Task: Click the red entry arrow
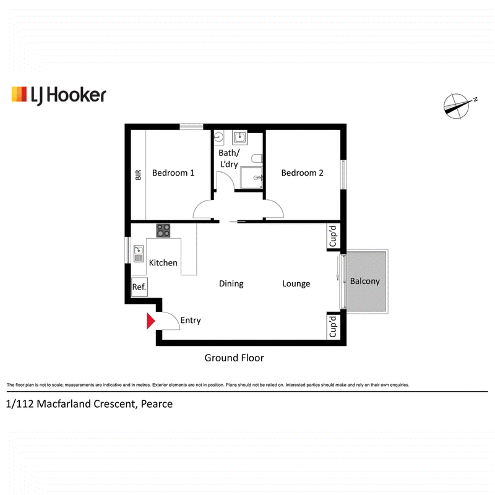tap(150, 321)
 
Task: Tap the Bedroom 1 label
tap(173, 173)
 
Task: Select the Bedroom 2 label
tap(302, 173)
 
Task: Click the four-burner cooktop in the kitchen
tap(163, 230)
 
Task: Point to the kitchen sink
tap(139, 254)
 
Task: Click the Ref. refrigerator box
tap(139, 286)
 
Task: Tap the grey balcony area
tap(366, 282)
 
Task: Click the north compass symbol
tap(458, 106)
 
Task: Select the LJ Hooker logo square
tap(19, 94)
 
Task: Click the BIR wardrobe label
tap(138, 175)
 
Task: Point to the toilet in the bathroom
tap(257, 158)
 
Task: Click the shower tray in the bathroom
tap(251, 178)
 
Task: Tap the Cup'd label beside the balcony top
tap(333, 236)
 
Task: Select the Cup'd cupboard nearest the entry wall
tap(333, 327)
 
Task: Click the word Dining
tap(231, 283)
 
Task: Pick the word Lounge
tap(296, 283)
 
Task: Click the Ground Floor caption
tap(234, 358)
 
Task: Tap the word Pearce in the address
tap(157, 404)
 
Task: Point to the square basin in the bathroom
tap(240, 137)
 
